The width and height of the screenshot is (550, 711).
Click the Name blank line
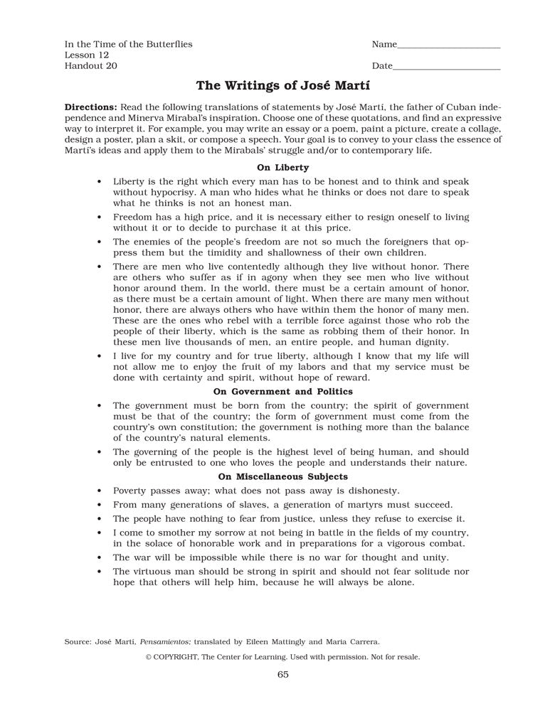(x=448, y=47)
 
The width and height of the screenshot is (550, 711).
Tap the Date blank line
(x=446, y=69)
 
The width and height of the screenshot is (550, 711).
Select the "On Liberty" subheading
(x=282, y=168)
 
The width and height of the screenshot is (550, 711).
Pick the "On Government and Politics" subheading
(x=282, y=392)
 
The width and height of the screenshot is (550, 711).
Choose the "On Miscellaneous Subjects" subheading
(x=282, y=476)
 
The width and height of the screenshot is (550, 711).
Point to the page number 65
(x=282, y=675)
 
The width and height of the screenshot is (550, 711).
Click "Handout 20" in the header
(x=91, y=66)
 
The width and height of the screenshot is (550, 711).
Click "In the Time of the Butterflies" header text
(x=129, y=44)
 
